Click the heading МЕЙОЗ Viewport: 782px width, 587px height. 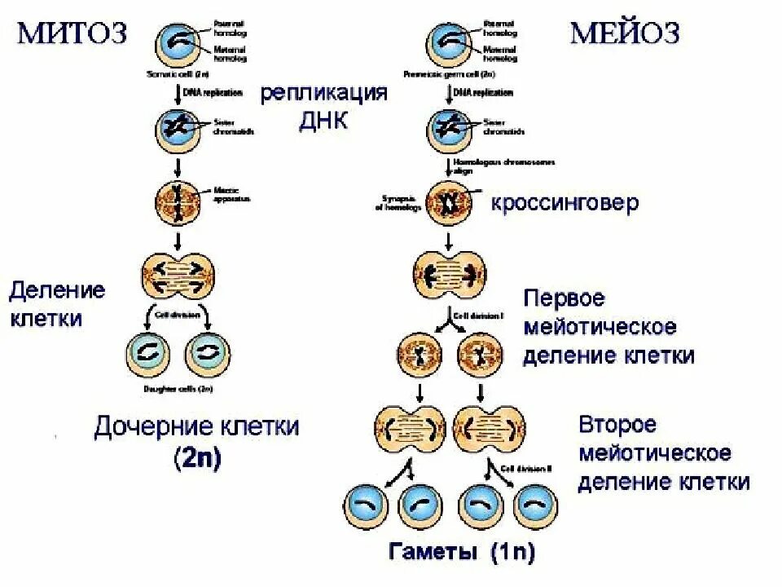tap(624, 33)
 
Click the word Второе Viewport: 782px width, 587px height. tap(617, 425)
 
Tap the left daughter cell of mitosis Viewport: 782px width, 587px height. tap(149, 353)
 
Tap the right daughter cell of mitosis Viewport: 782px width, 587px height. tap(209, 353)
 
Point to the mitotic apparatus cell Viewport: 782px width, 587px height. tap(178, 201)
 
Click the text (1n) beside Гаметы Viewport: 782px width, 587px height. tap(512, 552)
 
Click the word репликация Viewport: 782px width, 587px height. tap(323, 91)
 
